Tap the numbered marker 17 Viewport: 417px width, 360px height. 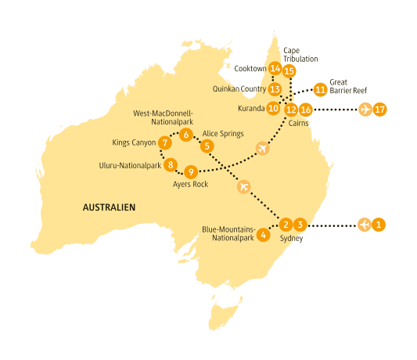(380, 109)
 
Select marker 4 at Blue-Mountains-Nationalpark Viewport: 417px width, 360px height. (264, 235)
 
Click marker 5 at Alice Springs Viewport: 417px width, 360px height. (207, 146)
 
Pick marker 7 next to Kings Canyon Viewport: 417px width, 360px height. (164, 142)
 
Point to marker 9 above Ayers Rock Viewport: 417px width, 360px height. (191, 171)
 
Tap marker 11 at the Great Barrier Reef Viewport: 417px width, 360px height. (320, 89)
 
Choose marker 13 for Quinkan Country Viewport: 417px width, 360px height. (275, 89)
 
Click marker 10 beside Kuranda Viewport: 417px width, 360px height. (273, 109)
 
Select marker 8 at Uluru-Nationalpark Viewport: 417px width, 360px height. (171, 164)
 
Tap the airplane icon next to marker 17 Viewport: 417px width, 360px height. (365, 109)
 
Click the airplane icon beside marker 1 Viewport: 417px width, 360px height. (365, 225)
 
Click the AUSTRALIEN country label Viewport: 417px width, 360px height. (109, 207)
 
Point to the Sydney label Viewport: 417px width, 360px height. (291, 238)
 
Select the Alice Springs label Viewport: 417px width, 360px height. (222, 134)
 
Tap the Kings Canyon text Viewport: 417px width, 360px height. (135, 142)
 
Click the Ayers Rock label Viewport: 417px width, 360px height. (189, 185)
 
